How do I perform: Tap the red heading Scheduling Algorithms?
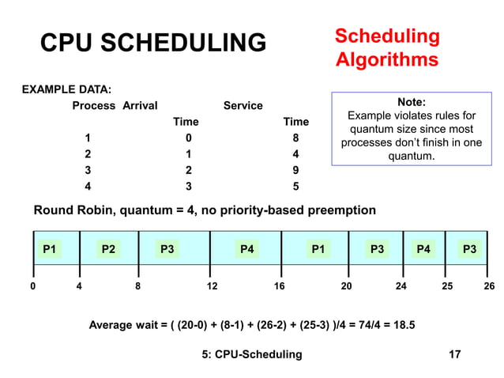[386, 47]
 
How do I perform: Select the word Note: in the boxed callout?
[411, 102]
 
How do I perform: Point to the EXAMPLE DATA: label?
[66, 88]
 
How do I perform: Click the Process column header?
[94, 105]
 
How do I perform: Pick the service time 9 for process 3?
[296, 170]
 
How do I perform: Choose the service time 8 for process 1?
[296, 138]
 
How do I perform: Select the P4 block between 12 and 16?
[246, 250]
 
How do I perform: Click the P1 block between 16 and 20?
[318, 250]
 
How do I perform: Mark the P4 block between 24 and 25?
[424, 250]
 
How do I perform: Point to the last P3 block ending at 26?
[469, 250]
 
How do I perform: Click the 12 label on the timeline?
[212, 287]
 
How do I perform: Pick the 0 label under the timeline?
[32, 287]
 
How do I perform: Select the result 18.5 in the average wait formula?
[404, 324]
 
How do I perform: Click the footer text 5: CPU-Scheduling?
[252, 354]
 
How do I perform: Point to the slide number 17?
[454, 354]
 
